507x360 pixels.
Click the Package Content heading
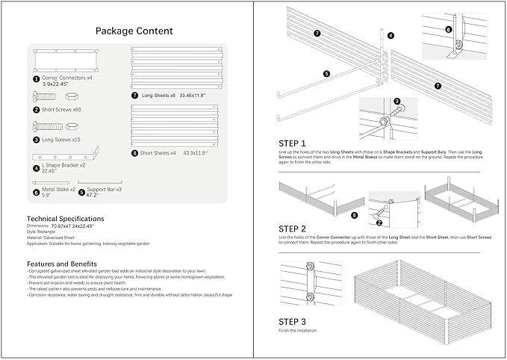pyautogui.click(x=134, y=31)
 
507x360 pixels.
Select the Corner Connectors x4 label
pyautogui.click(x=67, y=78)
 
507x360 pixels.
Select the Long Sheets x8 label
pyautogui.click(x=164, y=96)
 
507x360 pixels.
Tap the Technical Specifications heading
pyautogui.click(x=65, y=218)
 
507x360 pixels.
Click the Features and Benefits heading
pyautogui.click(x=64, y=264)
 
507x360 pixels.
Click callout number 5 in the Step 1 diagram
pyautogui.click(x=326, y=74)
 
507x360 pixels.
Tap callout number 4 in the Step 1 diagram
pyautogui.click(x=391, y=35)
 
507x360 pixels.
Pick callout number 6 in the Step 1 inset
pyautogui.click(x=449, y=29)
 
